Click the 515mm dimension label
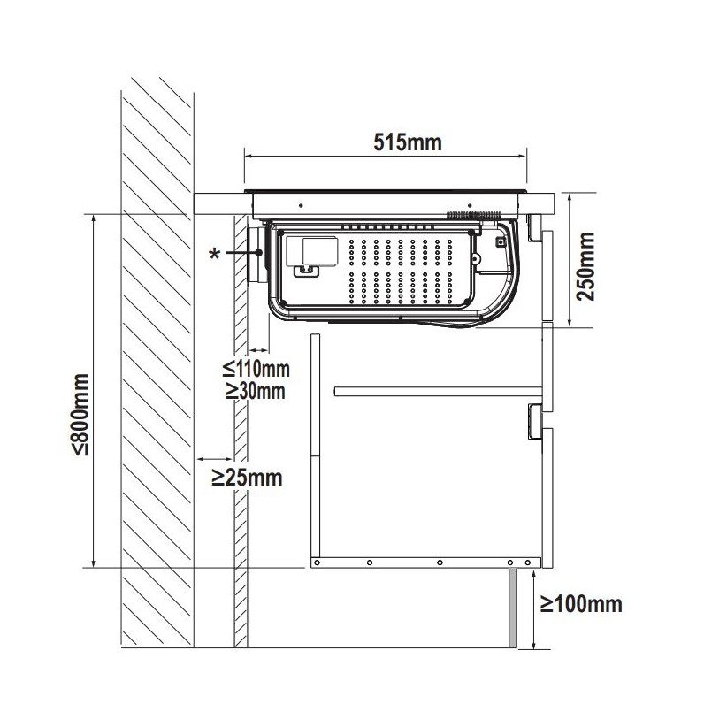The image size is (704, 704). tap(408, 142)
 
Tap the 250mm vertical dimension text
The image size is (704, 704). tap(585, 266)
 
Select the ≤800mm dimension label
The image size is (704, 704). tap(80, 414)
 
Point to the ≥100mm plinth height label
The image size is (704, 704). tap(581, 604)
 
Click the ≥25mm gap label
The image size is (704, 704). tap(247, 478)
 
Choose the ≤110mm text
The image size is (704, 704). tap(256, 369)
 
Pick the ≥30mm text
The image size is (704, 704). tap(256, 391)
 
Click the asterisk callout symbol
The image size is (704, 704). tap(215, 254)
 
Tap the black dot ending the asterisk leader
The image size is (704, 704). tap(258, 252)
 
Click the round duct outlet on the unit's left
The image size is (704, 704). tap(257, 255)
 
